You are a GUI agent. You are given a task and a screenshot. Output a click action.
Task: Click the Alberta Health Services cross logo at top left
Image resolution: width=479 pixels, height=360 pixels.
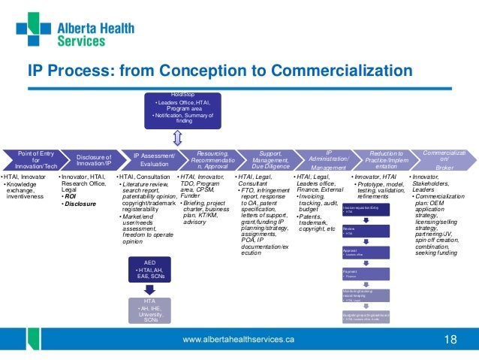(32, 30)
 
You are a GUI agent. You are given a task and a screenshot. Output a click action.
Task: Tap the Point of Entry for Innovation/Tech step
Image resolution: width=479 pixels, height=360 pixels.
(29, 159)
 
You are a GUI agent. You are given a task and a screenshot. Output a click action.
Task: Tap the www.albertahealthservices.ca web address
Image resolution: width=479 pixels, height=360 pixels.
(240, 340)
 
